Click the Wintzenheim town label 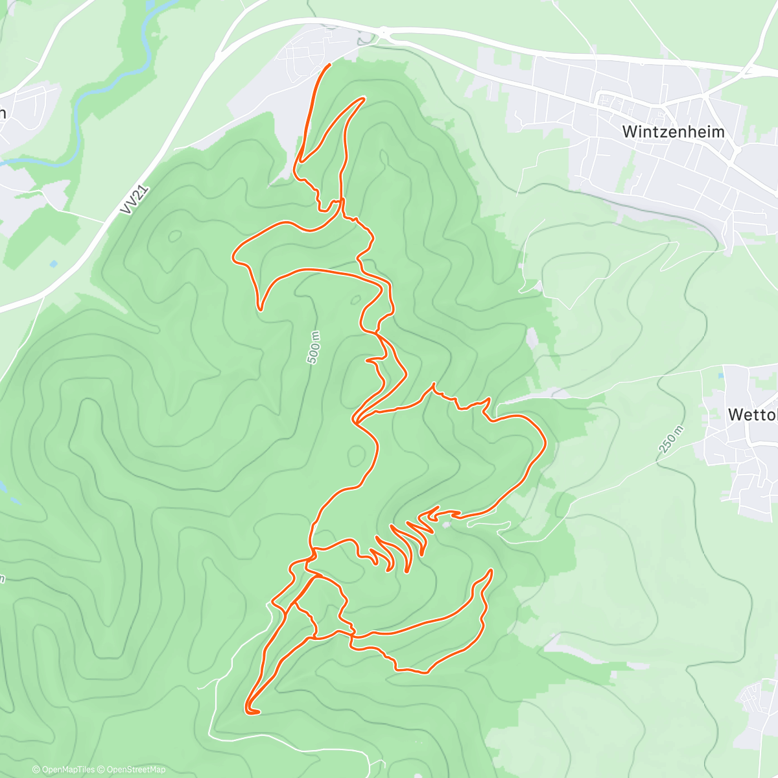673,132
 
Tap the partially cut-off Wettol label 753,414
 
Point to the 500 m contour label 314,348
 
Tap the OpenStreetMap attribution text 136,770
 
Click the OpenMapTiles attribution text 68,770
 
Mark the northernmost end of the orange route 330,65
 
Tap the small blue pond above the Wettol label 722,375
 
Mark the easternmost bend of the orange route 545,443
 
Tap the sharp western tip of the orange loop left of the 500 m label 234,256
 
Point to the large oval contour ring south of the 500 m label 355,455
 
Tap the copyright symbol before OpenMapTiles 36,770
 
